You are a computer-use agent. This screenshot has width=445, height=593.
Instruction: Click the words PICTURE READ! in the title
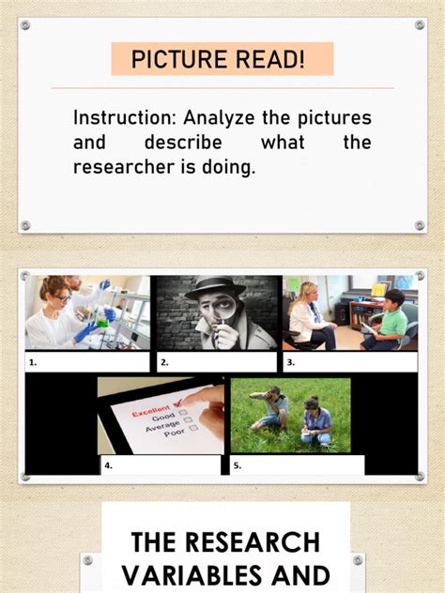tap(218, 60)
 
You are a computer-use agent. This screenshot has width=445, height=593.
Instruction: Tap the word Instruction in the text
tap(122, 118)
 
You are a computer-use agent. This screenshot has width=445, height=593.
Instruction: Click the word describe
tap(183, 143)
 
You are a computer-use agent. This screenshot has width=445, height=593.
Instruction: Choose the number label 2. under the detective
tap(164, 361)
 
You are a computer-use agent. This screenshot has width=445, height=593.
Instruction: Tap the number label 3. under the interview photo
tap(291, 361)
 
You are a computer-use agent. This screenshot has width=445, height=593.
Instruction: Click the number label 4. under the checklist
tap(109, 464)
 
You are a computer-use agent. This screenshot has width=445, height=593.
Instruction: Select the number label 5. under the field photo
tap(238, 464)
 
